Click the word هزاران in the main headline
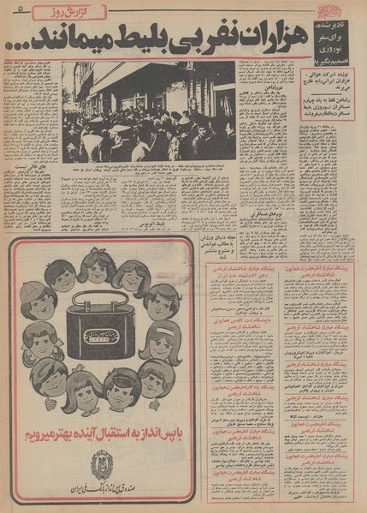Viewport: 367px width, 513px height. click(x=257, y=38)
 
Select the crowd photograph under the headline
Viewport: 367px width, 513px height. click(x=148, y=111)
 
